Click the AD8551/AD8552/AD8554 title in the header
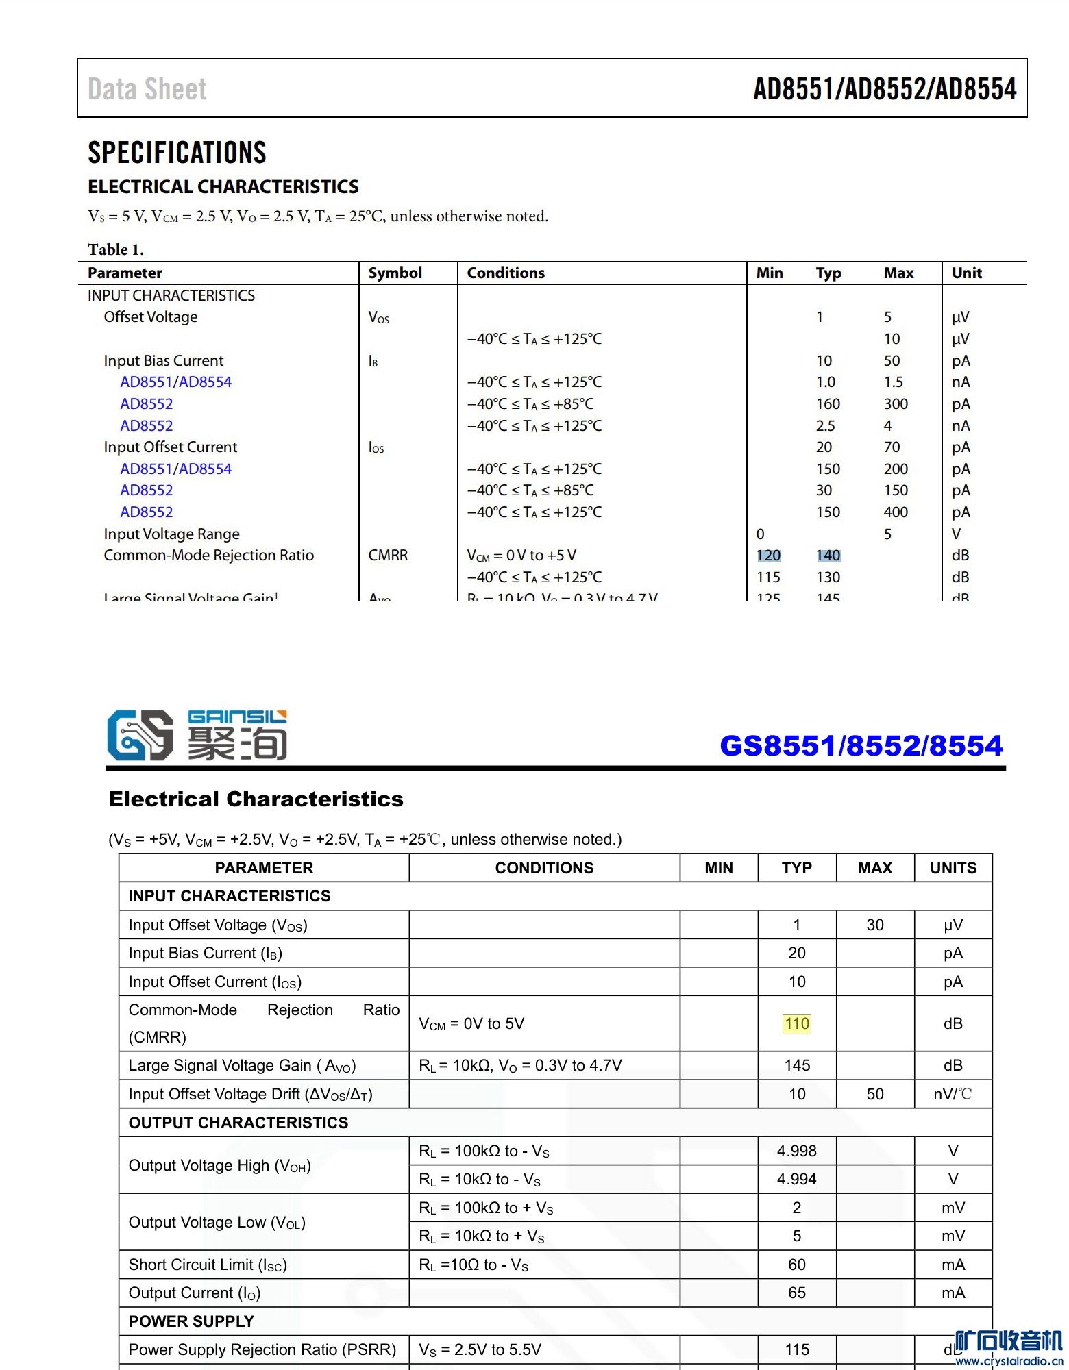click(x=884, y=89)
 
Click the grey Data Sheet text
click(x=147, y=89)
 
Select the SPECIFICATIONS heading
click(x=177, y=152)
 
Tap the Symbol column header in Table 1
click(x=395, y=273)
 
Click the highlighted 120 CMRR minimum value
click(x=768, y=556)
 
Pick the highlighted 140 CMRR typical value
click(x=828, y=556)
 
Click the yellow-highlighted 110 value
click(x=797, y=1023)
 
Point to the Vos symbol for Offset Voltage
click(x=378, y=317)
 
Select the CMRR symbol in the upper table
click(x=388, y=556)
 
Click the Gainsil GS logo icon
click(x=140, y=735)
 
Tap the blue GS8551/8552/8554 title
click(x=861, y=745)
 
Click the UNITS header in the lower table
click(x=953, y=868)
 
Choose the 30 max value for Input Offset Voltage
click(x=874, y=925)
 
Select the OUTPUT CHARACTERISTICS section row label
click(x=238, y=1123)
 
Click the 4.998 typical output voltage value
click(x=796, y=1151)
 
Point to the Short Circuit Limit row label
click(x=208, y=1265)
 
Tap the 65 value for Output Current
click(x=796, y=1293)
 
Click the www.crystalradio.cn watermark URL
click(x=1009, y=1361)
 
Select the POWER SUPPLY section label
click(x=191, y=1321)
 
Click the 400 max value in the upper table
click(x=895, y=512)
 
